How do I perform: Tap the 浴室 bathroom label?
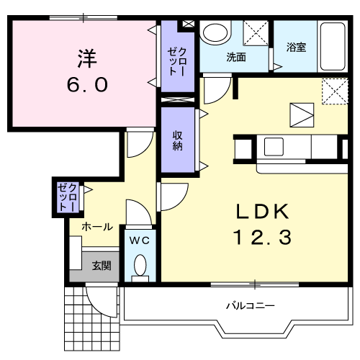coord(296,48)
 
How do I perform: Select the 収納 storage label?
coord(178,140)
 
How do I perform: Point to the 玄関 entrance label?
coord(101,266)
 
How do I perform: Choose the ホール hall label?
coord(96,226)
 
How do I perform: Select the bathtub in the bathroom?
coord(333,45)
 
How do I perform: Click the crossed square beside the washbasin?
coord(255,35)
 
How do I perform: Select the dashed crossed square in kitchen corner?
coord(332,91)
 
